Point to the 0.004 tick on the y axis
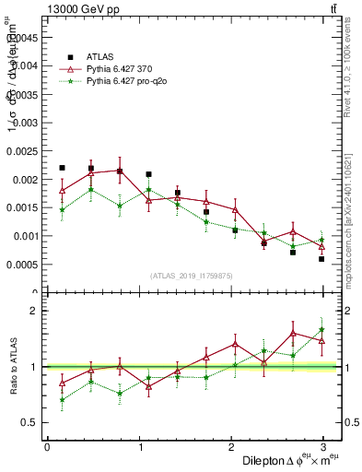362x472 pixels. [x=25, y=65]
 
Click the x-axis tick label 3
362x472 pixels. [x=322, y=447]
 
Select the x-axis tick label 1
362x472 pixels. [x=139, y=447]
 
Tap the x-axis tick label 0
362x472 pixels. [x=47, y=447]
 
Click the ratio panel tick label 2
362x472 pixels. [x=32, y=311]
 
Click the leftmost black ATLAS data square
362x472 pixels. [x=62, y=168]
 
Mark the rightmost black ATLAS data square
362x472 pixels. [x=321, y=259]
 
